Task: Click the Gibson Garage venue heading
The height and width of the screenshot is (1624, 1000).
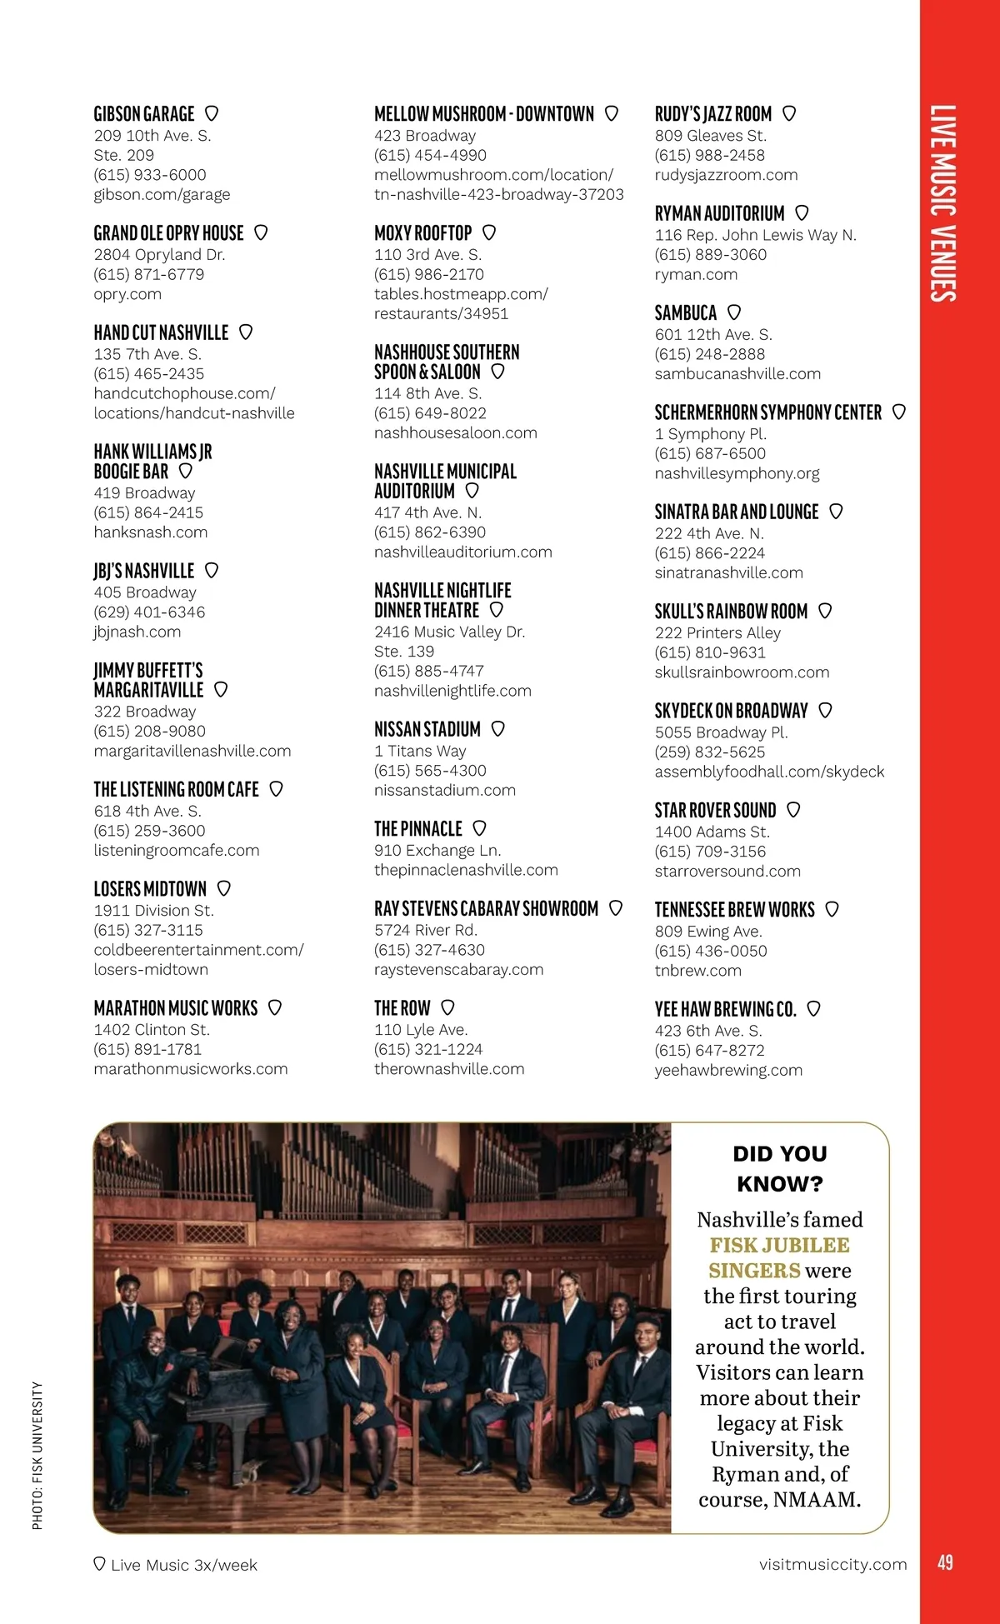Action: (143, 114)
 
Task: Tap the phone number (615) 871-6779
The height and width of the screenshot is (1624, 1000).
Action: (148, 274)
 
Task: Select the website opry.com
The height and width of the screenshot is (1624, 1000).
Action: (127, 294)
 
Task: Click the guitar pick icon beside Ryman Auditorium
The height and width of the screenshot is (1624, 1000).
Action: (802, 213)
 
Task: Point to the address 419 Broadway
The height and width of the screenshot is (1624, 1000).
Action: (144, 493)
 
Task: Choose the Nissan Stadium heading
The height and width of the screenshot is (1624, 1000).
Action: (427, 730)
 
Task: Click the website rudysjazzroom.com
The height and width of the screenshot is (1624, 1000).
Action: (726, 175)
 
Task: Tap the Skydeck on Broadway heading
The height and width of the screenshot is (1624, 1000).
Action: (731, 711)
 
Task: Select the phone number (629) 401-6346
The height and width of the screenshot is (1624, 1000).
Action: (149, 612)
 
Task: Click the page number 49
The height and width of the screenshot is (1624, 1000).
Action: (945, 1562)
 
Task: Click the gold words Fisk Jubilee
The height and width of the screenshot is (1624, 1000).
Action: (779, 1245)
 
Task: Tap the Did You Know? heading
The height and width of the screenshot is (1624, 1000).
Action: (779, 1168)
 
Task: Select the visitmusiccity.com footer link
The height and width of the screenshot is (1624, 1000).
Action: (832, 1564)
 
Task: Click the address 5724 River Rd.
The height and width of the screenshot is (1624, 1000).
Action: (425, 931)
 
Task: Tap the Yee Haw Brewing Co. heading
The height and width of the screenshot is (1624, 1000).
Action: (725, 1010)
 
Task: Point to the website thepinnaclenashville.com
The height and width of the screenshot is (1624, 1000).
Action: (466, 870)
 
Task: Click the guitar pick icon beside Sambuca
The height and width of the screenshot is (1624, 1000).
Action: (734, 312)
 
